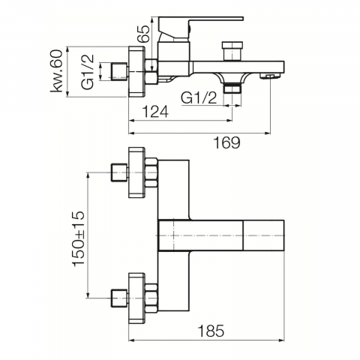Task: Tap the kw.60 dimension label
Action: click(x=56, y=71)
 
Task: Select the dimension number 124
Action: click(x=155, y=112)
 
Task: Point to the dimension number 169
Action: click(x=226, y=142)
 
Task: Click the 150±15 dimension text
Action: click(x=78, y=238)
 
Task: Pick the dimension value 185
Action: click(x=211, y=331)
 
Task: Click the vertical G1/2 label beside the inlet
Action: click(x=88, y=71)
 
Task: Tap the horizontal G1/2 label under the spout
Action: click(x=199, y=98)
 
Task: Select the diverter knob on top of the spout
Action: click(x=232, y=51)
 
